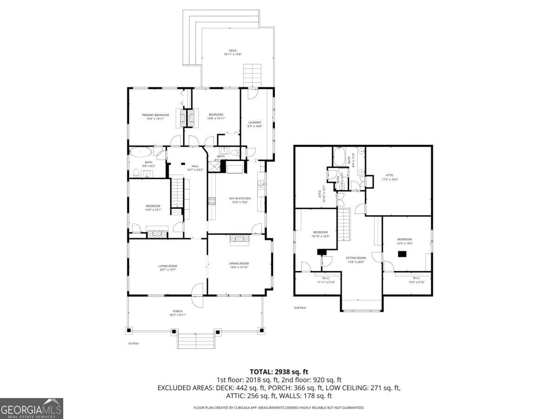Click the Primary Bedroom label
click(x=155, y=116)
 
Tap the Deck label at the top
click(x=232, y=53)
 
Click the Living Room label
click(x=168, y=268)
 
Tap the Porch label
click(x=178, y=313)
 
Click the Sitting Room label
click(x=356, y=260)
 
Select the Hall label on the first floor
click(x=195, y=168)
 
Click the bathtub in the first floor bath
click(x=140, y=152)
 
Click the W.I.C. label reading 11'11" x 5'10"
click(x=326, y=280)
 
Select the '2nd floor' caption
click(x=300, y=307)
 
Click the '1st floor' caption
click(x=133, y=343)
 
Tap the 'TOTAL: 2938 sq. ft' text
click(x=279, y=372)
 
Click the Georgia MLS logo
click(x=31, y=408)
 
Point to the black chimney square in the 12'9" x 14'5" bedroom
click(x=402, y=254)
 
